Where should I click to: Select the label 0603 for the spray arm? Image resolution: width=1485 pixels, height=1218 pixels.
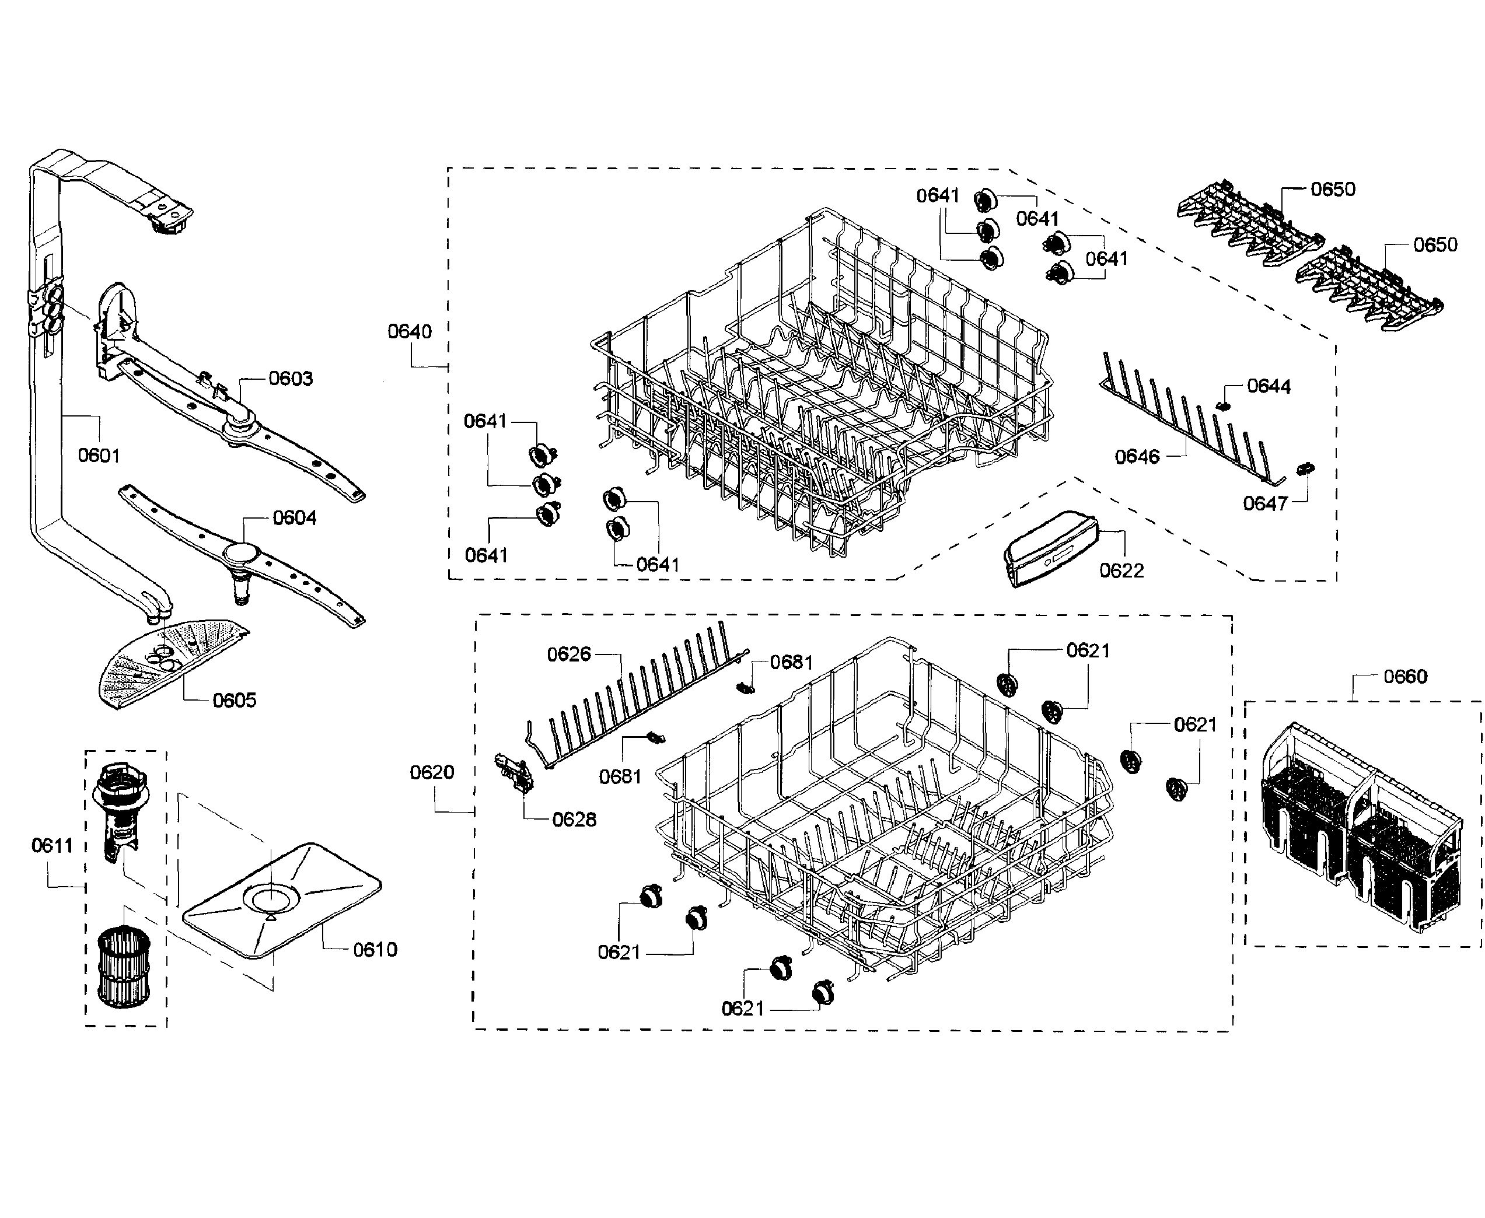tap(291, 379)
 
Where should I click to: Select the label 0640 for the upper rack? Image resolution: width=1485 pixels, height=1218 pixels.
tap(410, 331)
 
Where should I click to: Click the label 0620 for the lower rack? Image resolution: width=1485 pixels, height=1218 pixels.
tap(432, 772)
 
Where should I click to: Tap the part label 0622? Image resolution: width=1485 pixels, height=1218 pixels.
tap(1121, 570)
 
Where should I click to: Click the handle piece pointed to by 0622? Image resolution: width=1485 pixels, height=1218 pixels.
tap(1049, 547)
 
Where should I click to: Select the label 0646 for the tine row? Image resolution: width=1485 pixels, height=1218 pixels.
tap(1137, 457)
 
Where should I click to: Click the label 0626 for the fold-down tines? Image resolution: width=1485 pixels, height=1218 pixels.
tap(568, 654)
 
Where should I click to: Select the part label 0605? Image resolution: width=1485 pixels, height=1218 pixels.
tap(235, 700)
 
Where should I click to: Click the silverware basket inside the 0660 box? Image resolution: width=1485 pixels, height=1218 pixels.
tap(1361, 828)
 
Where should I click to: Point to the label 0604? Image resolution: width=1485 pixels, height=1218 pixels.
tap(294, 518)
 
